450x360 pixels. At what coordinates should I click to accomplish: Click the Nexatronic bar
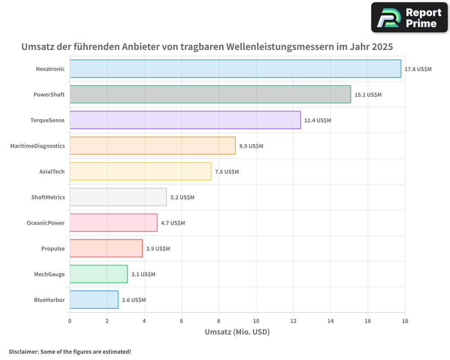coord(235,69)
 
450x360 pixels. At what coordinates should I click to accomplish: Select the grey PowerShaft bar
coord(210,94)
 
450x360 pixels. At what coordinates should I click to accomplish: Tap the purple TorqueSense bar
coord(185,120)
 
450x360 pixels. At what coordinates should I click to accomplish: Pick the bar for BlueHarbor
coord(94,300)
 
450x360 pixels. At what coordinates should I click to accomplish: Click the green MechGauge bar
coord(99,274)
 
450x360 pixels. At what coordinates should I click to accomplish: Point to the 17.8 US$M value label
coord(418,69)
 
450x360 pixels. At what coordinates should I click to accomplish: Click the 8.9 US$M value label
coord(251,146)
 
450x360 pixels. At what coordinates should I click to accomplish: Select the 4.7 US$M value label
coord(173,223)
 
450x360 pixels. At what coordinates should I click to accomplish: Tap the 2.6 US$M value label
coord(134,300)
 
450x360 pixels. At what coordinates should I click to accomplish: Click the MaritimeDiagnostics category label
coord(37,146)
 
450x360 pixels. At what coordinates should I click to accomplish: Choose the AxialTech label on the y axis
coord(52,171)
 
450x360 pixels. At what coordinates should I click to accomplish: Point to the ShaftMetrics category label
coord(48,197)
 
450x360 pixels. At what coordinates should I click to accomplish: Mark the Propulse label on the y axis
coord(53,248)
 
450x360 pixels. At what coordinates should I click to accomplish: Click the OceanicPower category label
coord(46,223)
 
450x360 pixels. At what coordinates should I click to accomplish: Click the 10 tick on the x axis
coord(256,321)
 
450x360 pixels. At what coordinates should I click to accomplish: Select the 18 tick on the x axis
coord(405,321)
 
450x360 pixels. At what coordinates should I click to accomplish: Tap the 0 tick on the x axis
coord(70,321)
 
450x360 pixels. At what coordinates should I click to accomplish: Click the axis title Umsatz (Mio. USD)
coord(237,332)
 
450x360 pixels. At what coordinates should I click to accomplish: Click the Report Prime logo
coord(409,18)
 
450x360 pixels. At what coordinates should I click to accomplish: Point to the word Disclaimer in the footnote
coord(23,352)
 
